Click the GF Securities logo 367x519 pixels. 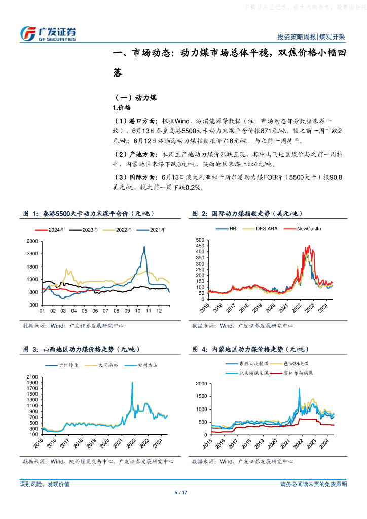coord(48,33)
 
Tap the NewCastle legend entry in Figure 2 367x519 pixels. coord(309,228)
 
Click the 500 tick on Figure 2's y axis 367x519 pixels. coord(200,239)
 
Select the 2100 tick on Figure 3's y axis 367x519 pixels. coord(32,377)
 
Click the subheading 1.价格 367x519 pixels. coord(122,107)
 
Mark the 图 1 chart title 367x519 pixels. coord(89,214)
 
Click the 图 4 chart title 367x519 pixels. coord(251,350)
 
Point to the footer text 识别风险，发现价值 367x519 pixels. coord(45,484)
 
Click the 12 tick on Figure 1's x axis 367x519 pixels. coord(159,311)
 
